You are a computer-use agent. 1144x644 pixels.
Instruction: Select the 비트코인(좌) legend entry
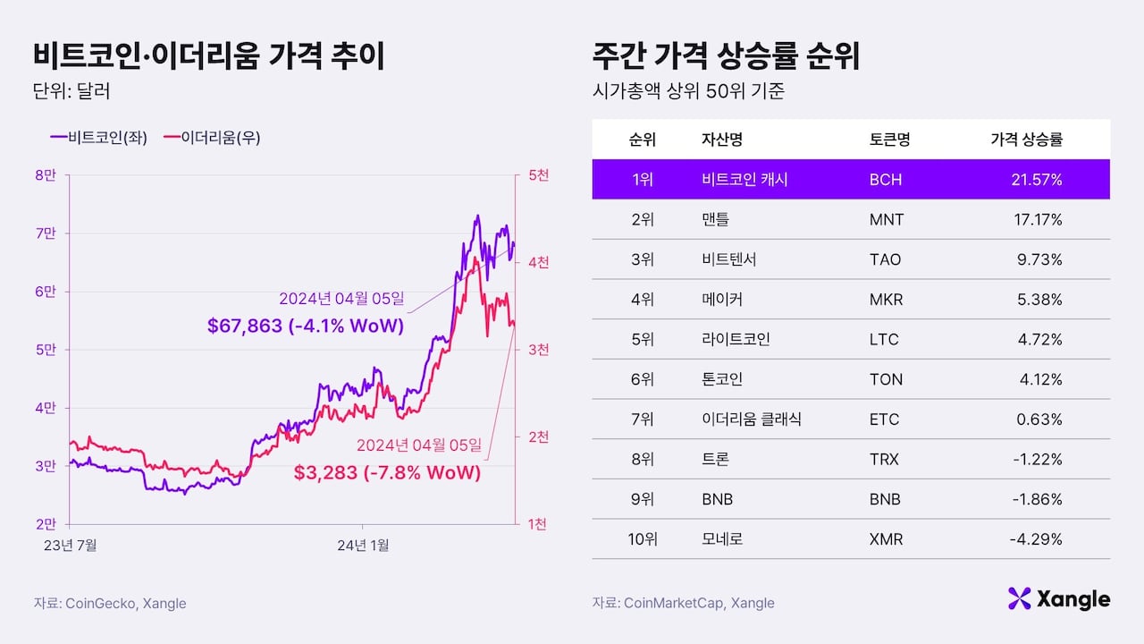pos(99,137)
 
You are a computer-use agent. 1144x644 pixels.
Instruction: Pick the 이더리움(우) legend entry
pos(212,137)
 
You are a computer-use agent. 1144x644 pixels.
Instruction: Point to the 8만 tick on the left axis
pos(45,175)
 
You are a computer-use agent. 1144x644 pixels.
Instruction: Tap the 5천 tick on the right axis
pos(539,175)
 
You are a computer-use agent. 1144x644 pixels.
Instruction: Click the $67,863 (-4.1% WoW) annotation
pos(305,326)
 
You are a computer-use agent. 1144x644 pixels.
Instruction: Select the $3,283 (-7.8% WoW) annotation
pos(387,472)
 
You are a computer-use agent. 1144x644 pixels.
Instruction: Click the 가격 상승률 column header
pos(1026,140)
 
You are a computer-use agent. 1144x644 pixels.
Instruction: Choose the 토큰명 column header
pos(889,140)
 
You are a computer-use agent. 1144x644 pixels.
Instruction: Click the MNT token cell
pos(886,220)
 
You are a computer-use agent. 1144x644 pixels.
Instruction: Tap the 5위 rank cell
pos(643,340)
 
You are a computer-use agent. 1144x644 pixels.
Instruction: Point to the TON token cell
pos(885,379)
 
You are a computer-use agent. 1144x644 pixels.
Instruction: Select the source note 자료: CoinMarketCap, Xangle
pos(683,603)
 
